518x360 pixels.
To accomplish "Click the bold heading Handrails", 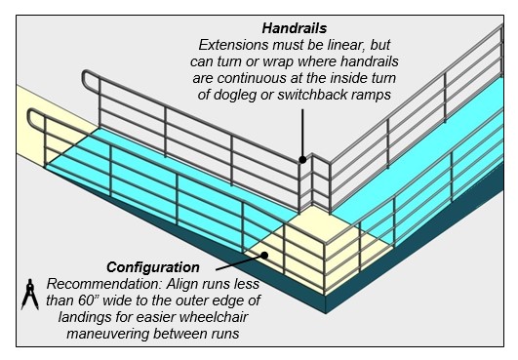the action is [295, 28].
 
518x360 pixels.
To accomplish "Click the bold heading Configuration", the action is [153, 267].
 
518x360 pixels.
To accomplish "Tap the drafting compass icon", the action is [30, 295].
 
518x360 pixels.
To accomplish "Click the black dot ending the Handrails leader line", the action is [302, 160].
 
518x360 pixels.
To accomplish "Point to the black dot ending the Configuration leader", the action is [264, 255].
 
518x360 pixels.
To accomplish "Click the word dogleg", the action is [235, 95].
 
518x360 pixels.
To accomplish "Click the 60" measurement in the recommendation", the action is [89, 300].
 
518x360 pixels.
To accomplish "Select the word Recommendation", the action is [104, 284].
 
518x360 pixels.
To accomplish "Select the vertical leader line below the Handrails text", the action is [302, 133].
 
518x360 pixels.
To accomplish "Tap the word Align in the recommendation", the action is [180, 284].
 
